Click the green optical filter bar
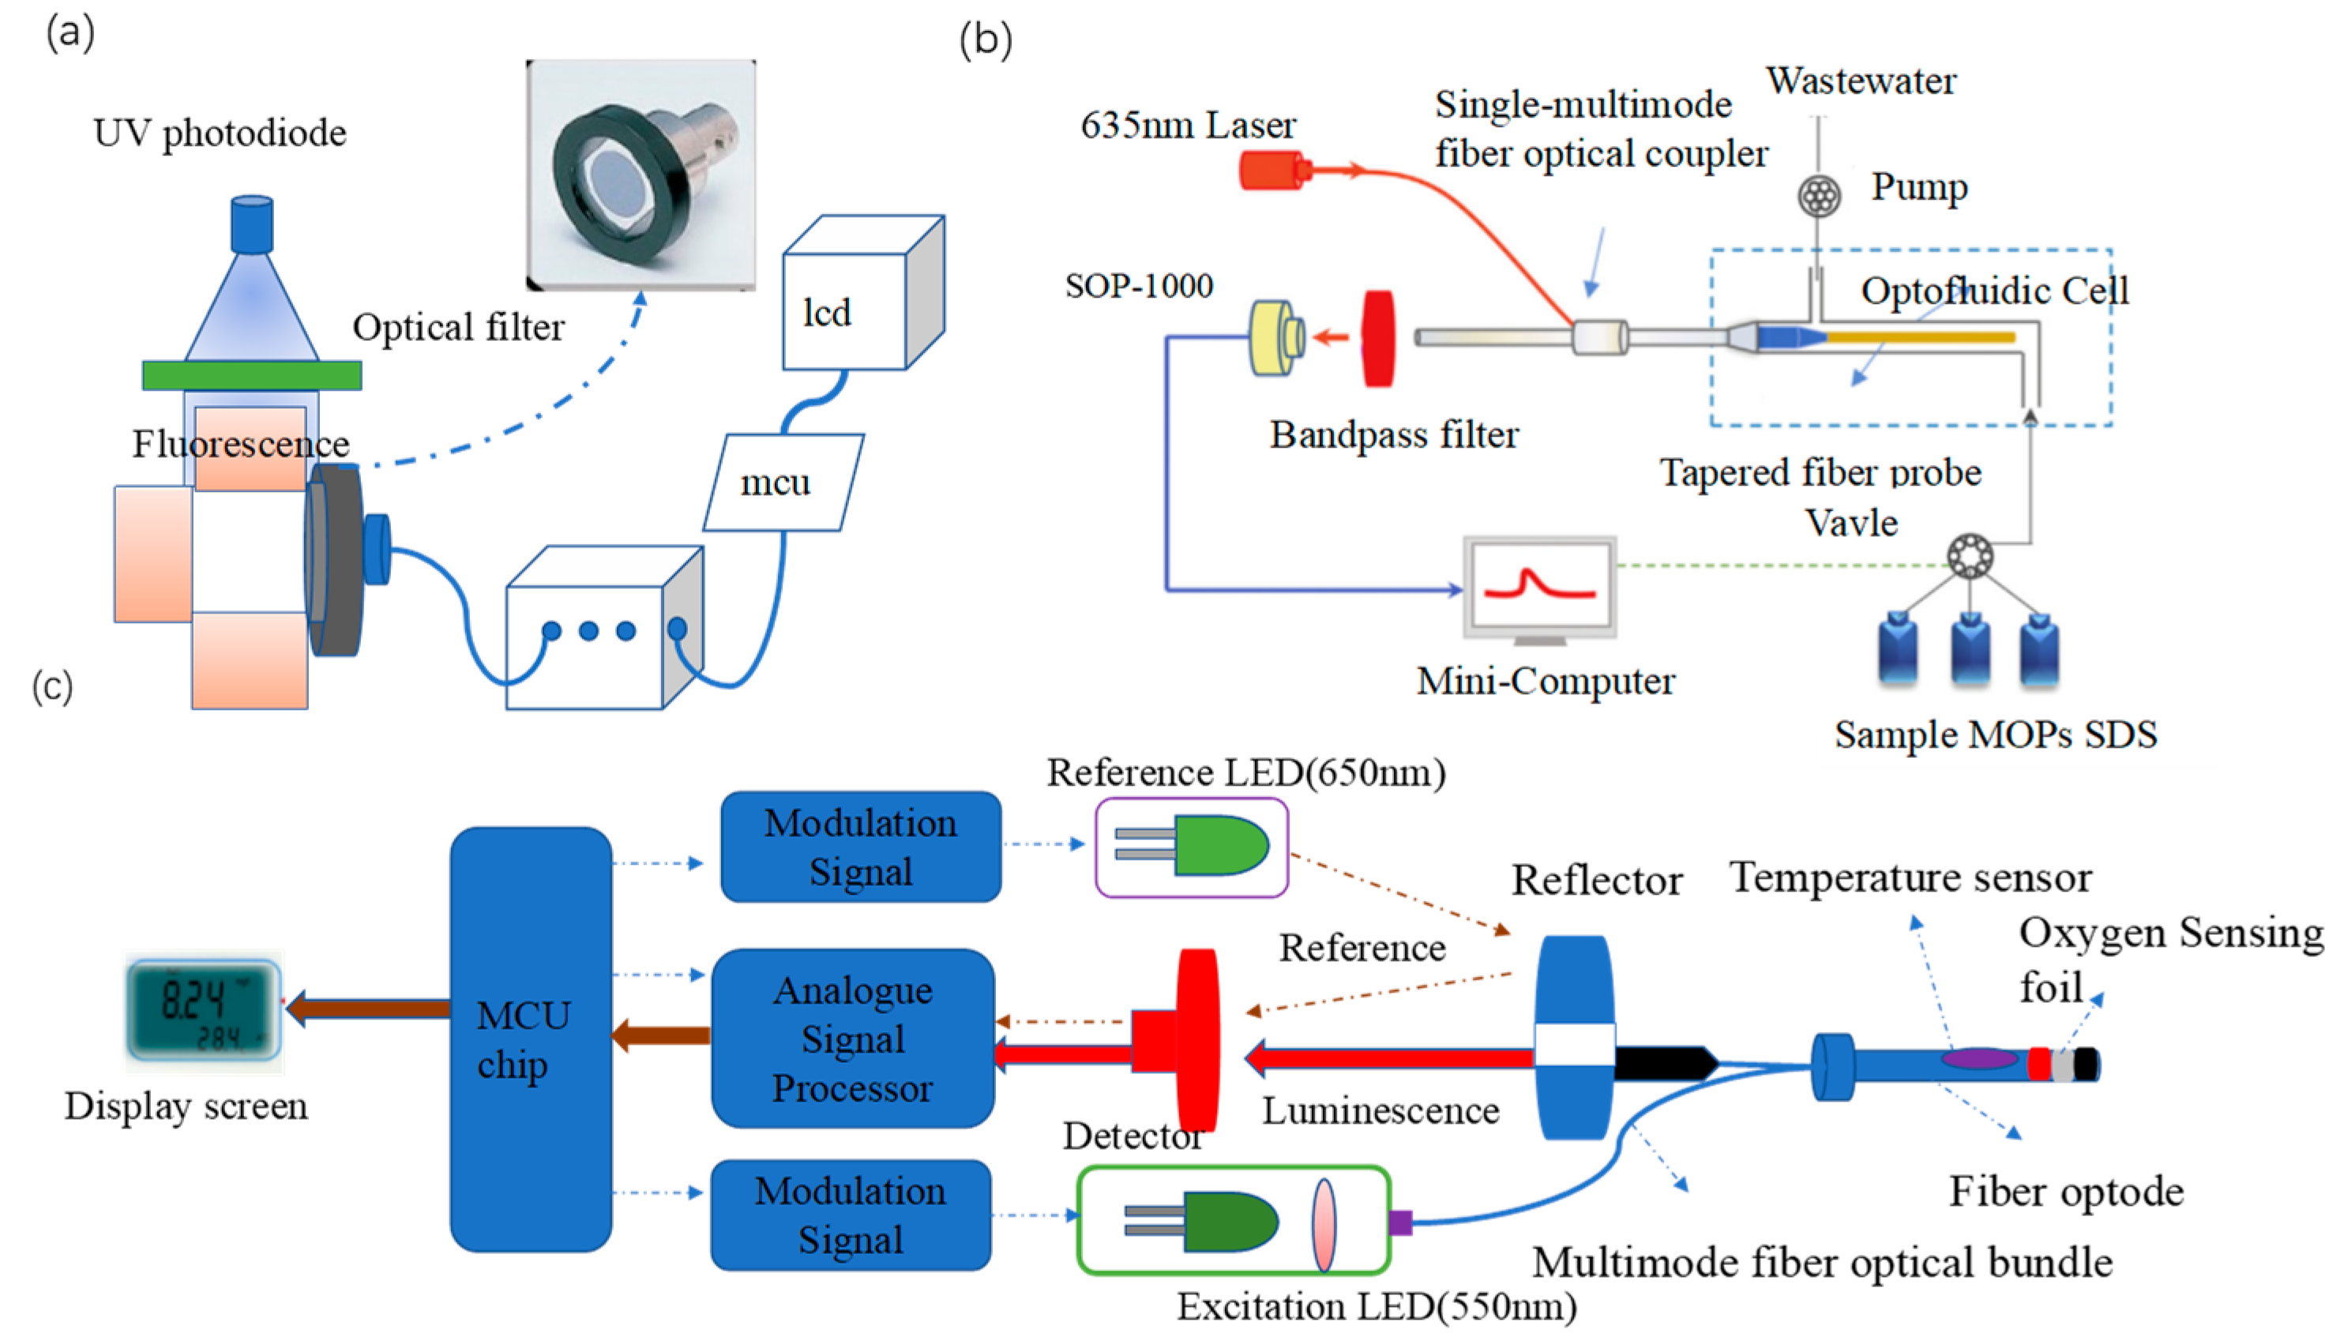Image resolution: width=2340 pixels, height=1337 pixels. tap(252, 374)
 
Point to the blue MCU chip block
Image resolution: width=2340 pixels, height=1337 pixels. tap(530, 1038)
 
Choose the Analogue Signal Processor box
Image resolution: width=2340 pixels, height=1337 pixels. tap(853, 1038)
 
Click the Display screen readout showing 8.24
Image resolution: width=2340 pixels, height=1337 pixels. tap(203, 1011)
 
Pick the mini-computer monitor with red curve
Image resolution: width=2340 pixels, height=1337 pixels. tap(1539, 585)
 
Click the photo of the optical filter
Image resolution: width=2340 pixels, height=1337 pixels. tap(640, 175)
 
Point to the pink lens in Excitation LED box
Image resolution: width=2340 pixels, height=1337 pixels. tap(1324, 1224)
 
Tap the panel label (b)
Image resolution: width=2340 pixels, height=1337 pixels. tap(985, 40)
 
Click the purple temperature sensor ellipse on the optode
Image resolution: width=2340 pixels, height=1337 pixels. tap(1978, 1059)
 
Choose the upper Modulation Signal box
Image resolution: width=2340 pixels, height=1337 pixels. tap(860, 847)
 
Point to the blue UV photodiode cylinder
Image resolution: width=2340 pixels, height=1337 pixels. tap(252, 223)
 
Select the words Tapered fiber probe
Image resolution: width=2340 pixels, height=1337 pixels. tap(1820, 473)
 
